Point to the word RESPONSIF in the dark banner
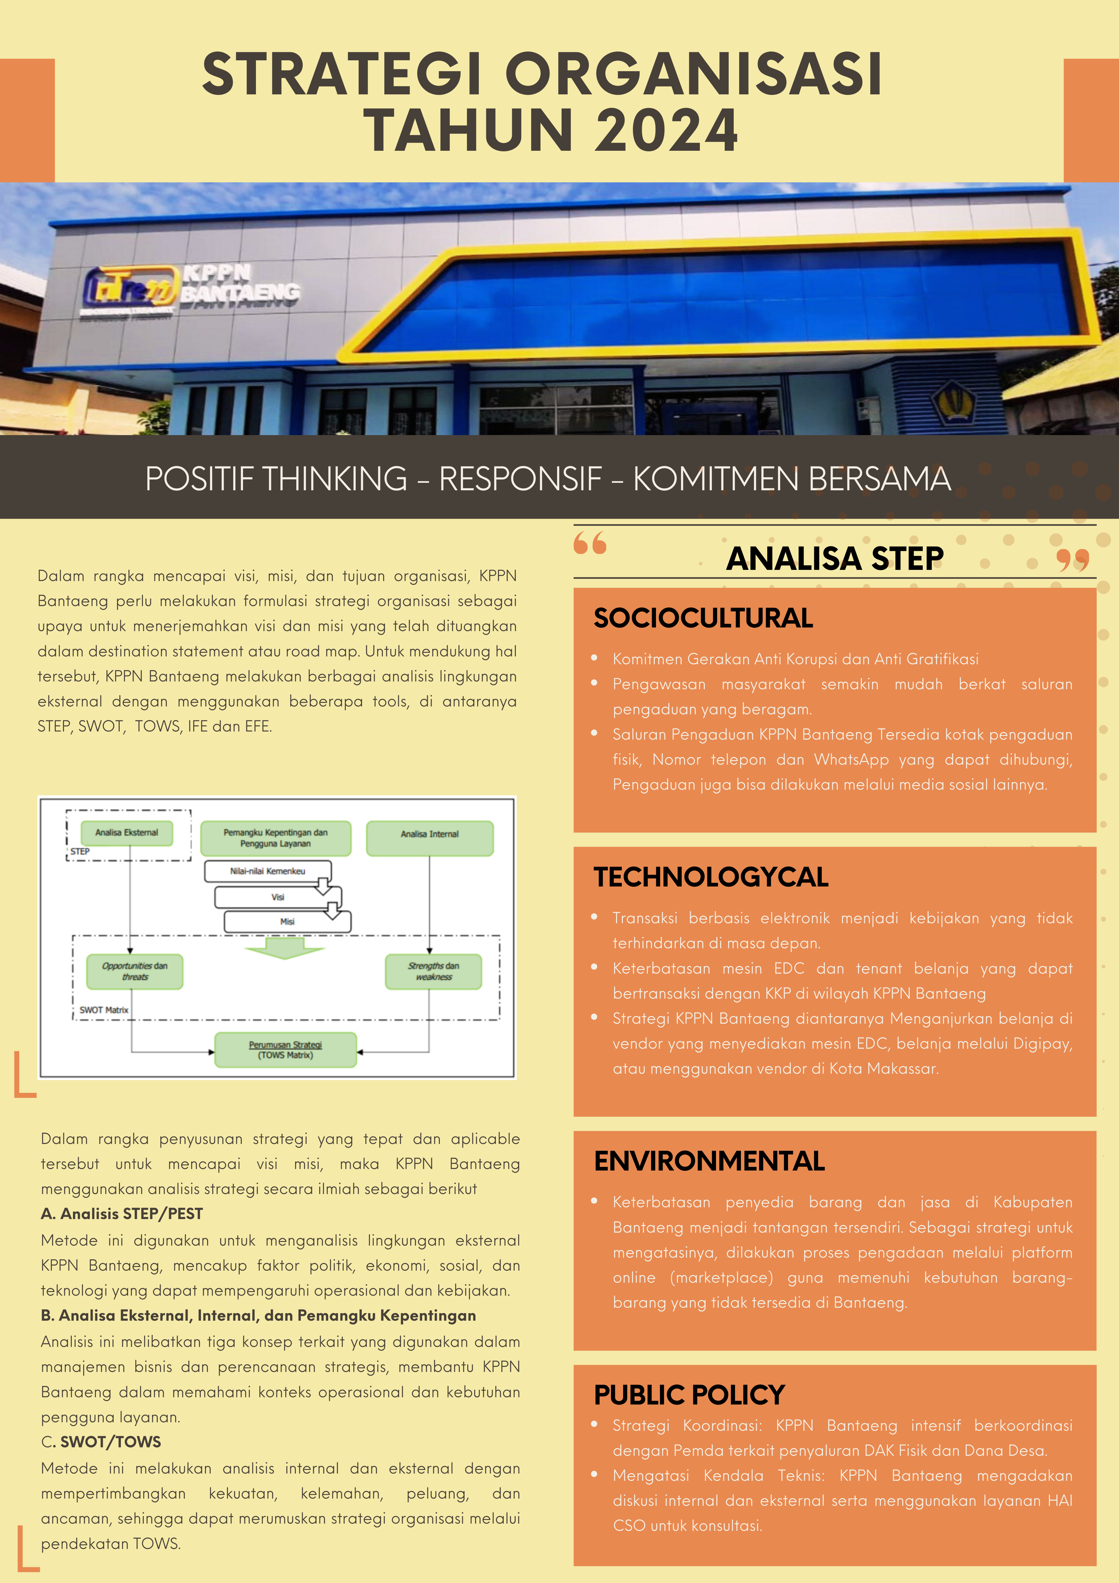pos(521,479)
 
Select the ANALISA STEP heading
pos(834,558)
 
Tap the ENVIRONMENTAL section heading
pos(709,1161)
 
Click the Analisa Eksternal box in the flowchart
pos(127,833)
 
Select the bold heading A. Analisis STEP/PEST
pos(122,1213)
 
